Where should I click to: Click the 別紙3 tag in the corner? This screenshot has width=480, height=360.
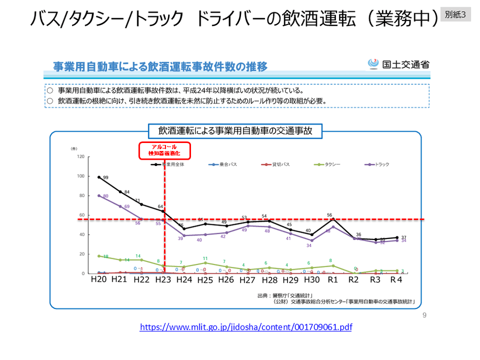(455, 15)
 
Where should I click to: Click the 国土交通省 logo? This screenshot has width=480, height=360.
(398, 64)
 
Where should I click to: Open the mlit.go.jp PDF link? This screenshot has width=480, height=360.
(246, 327)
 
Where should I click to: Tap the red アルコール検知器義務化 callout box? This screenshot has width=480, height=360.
(164, 150)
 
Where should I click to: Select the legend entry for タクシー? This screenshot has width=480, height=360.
(327, 164)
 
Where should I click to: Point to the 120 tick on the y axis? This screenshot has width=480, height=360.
(80, 157)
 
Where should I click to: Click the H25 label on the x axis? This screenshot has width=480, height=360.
(205, 280)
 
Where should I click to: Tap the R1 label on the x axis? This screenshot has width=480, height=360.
(333, 280)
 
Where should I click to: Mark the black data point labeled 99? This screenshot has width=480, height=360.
(99, 177)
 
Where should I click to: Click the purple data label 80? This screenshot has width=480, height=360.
(106, 196)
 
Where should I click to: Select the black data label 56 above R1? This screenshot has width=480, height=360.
(329, 215)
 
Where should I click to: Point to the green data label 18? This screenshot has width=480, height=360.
(106, 256)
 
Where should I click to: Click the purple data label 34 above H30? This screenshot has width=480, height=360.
(309, 246)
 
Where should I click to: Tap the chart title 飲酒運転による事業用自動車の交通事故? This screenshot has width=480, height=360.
(235, 131)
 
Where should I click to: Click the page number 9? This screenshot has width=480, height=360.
(424, 315)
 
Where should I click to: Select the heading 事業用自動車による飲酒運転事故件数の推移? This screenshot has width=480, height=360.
(160, 66)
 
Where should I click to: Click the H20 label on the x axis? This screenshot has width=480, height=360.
(98, 280)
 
